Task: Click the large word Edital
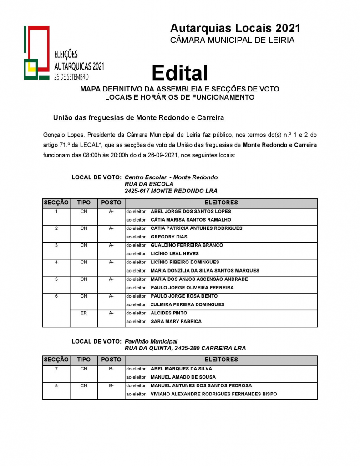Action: (x=180, y=73)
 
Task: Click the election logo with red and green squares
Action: (x=36, y=52)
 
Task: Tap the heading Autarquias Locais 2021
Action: (x=235, y=28)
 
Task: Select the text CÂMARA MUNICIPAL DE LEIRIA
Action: (x=232, y=40)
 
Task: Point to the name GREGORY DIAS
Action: (x=169, y=237)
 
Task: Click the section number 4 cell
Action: (x=56, y=262)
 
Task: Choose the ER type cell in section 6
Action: (x=84, y=313)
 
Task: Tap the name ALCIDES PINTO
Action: (x=169, y=313)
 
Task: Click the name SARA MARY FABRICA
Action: (x=176, y=321)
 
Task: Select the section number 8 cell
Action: (x=56, y=385)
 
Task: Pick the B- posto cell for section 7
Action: (x=111, y=369)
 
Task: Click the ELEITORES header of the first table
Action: (x=221, y=203)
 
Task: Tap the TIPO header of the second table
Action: (x=84, y=360)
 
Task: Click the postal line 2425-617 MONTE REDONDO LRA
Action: (x=171, y=191)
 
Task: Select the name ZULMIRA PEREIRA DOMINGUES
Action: (x=187, y=304)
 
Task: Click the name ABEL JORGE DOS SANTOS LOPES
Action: (x=191, y=211)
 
